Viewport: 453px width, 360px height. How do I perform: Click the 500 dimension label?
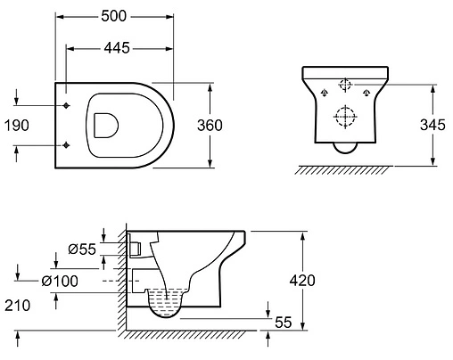click(114, 16)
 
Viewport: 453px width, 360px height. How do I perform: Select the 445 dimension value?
click(117, 48)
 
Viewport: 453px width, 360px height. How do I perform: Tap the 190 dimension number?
click(17, 126)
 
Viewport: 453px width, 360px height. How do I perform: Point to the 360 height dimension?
click(210, 126)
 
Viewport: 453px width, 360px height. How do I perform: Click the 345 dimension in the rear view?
click(432, 125)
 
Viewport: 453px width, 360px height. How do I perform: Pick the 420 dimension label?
click(302, 281)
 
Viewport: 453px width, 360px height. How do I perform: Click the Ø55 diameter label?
click(82, 249)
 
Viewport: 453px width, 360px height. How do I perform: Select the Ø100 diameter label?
click(60, 281)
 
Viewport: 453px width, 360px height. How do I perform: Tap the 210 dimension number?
click(18, 306)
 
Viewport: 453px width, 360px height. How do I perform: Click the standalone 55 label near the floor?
click(284, 323)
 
